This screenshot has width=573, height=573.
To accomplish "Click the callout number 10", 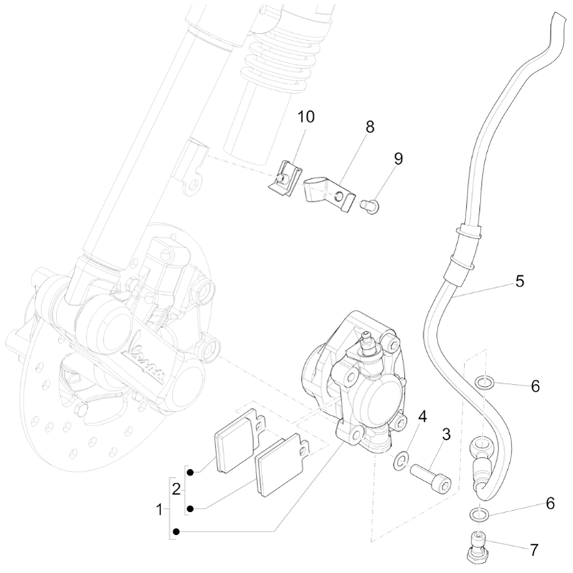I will [x=306, y=117].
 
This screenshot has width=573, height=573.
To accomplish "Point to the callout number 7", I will [x=533, y=550].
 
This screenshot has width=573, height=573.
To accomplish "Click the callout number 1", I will [x=159, y=510].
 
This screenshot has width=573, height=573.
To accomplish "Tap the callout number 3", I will [x=446, y=434].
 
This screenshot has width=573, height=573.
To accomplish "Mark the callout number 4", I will [x=423, y=415].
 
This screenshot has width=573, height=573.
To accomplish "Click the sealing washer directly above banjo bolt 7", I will [x=482, y=514].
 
